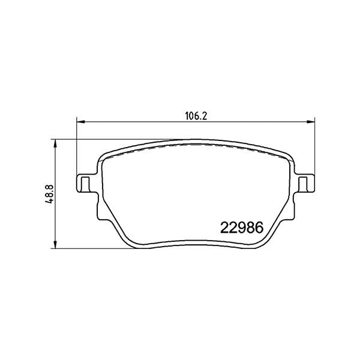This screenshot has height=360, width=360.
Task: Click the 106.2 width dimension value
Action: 196,116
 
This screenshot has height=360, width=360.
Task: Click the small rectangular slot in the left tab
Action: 85,183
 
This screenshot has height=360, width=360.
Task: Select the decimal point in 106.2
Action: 201,119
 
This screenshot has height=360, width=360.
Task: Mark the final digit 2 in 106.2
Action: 205,116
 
